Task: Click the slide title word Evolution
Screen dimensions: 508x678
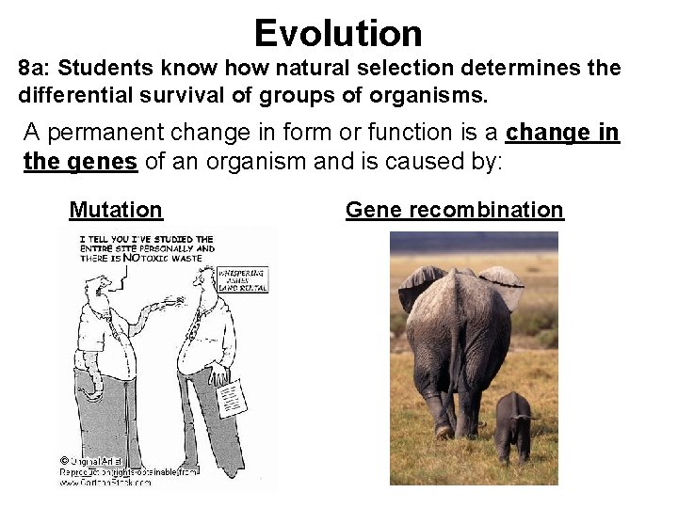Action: tap(338, 34)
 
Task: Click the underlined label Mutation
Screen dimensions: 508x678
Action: tap(116, 210)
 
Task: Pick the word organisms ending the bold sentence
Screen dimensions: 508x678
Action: tap(412, 95)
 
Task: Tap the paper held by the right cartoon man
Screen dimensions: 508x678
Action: tap(231, 394)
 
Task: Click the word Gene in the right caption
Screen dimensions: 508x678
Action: tap(370, 210)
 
